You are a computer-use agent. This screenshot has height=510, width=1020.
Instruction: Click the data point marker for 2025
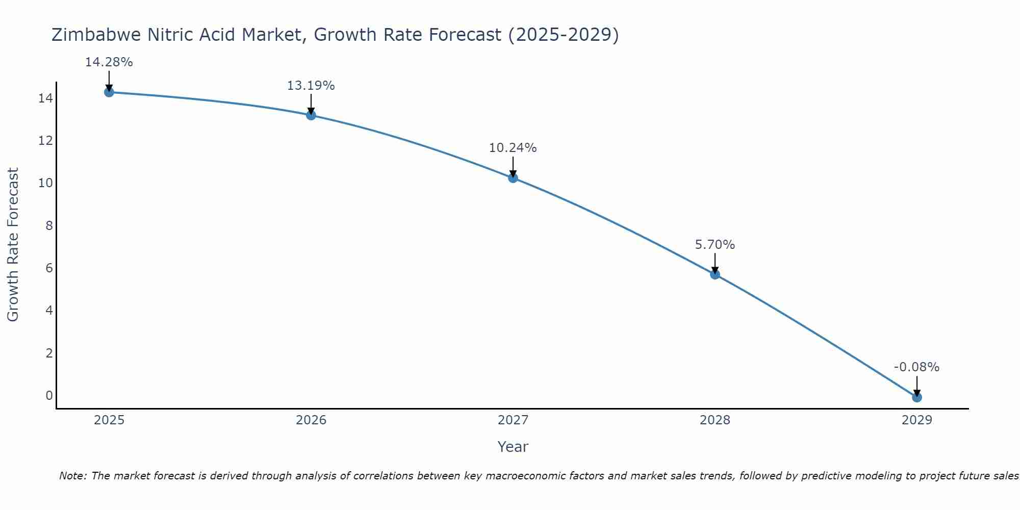click(109, 92)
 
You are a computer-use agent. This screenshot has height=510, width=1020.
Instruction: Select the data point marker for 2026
click(311, 115)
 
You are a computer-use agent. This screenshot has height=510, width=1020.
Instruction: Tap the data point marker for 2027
click(513, 178)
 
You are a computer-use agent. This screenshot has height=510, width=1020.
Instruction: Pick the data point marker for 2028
click(715, 274)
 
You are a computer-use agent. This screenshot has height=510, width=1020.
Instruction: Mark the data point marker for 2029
click(917, 397)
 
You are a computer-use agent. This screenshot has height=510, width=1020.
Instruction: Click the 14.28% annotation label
click(109, 62)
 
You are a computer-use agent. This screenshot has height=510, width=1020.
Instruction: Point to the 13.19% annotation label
click(311, 86)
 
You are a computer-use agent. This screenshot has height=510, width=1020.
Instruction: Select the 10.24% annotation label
click(513, 148)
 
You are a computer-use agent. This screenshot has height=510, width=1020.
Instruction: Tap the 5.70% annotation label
click(715, 245)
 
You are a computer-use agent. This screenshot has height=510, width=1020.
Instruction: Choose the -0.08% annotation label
click(916, 367)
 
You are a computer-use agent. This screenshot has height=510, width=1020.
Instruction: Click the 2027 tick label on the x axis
click(513, 420)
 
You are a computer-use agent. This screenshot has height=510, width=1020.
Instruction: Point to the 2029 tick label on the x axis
click(917, 420)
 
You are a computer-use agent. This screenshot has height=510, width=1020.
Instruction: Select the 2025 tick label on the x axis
click(109, 420)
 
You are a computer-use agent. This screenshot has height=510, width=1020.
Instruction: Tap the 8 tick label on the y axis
click(49, 225)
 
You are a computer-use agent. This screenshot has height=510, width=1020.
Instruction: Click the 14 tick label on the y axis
click(45, 98)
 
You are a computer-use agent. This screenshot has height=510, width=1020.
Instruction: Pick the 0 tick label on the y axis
click(49, 396)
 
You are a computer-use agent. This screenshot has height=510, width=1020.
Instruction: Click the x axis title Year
click(513, 447)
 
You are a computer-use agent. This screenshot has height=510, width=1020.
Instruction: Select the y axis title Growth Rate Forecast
click(13, 245)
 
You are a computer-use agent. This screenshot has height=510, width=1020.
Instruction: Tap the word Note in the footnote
click(73, 476)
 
